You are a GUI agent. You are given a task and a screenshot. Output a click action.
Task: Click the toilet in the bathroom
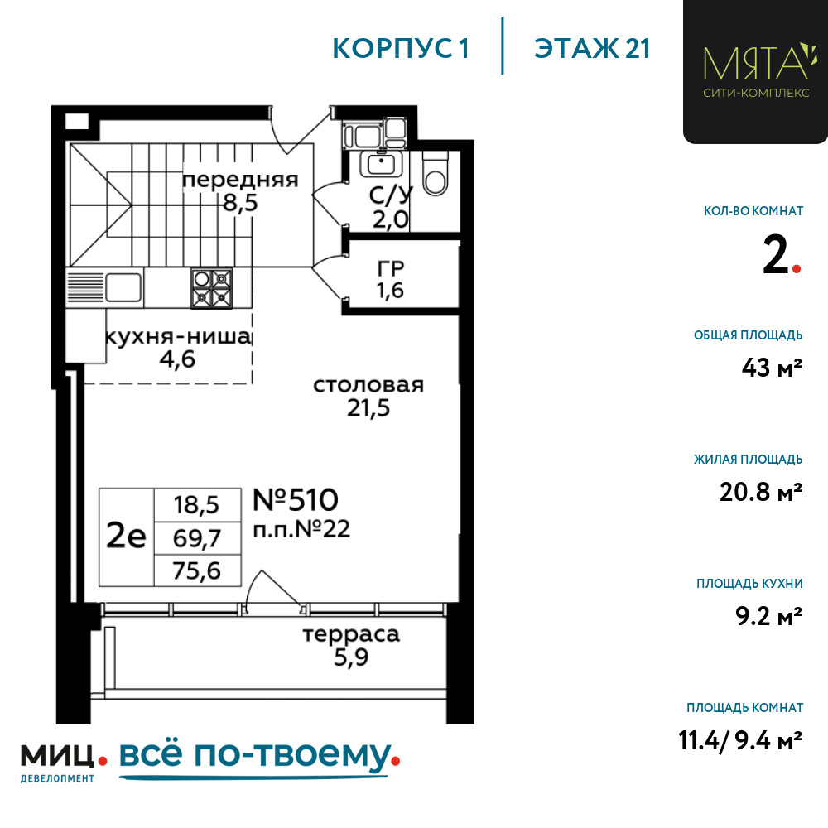(436, 174)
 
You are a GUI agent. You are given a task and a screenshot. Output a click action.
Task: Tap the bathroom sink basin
(381, 164)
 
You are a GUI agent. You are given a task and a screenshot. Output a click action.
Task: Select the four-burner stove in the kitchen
(211, 288)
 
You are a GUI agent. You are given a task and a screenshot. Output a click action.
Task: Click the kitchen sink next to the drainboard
(123, 288)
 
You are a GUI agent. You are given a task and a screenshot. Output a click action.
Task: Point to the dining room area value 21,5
(368, 407)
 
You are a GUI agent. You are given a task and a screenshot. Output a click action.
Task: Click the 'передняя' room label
(240, 180)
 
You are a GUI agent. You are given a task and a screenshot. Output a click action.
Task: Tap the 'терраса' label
(351, 634)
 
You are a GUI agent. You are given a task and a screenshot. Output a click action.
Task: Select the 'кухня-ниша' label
(179, 336)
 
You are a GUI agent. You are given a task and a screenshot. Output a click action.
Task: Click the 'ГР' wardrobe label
(391, 269)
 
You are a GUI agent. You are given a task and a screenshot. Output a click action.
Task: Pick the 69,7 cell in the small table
(197, 538)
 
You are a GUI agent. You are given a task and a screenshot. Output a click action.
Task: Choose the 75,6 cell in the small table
(197, 570)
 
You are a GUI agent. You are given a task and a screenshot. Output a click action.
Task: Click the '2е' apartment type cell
(126, 537)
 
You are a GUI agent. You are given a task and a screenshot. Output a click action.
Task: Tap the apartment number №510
(296, 499)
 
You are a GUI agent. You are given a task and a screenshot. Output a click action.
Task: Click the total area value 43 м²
(772, 367)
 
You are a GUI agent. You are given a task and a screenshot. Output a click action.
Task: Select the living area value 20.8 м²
(761, 492)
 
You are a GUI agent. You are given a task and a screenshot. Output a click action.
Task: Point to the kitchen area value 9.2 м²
(769, 616)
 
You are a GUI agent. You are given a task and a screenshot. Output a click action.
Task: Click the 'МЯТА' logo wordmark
(756, 63)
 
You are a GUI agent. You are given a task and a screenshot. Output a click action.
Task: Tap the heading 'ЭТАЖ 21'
(592, 49)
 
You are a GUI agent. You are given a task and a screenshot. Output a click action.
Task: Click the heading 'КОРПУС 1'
(401, 49)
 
